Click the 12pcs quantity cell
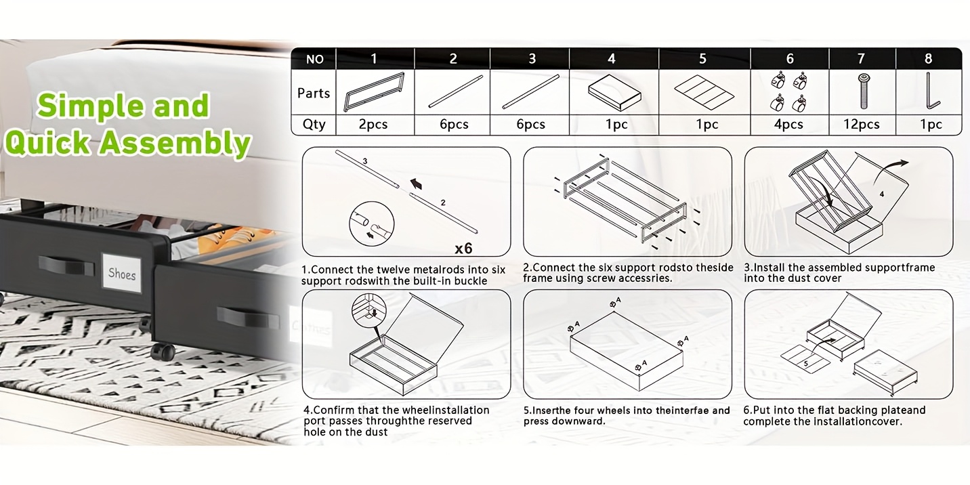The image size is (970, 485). [x=861, y=125]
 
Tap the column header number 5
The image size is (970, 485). [x=702, y=59]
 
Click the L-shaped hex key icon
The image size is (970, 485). [x=931, y=91]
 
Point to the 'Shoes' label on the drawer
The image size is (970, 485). [x=122, y=274]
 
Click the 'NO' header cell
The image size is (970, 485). [x=314, y=59]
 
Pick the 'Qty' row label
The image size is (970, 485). [x=314, y=125]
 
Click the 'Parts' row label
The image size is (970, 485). [x=314, y=93]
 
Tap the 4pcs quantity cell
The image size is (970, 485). [x=788, y=125]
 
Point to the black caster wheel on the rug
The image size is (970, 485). [x=163, y=352]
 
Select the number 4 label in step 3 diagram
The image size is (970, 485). [x=881, y=194]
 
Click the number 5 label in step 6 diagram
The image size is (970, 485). [x=805, y=363]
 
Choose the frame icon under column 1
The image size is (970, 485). [x=375, y=91]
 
